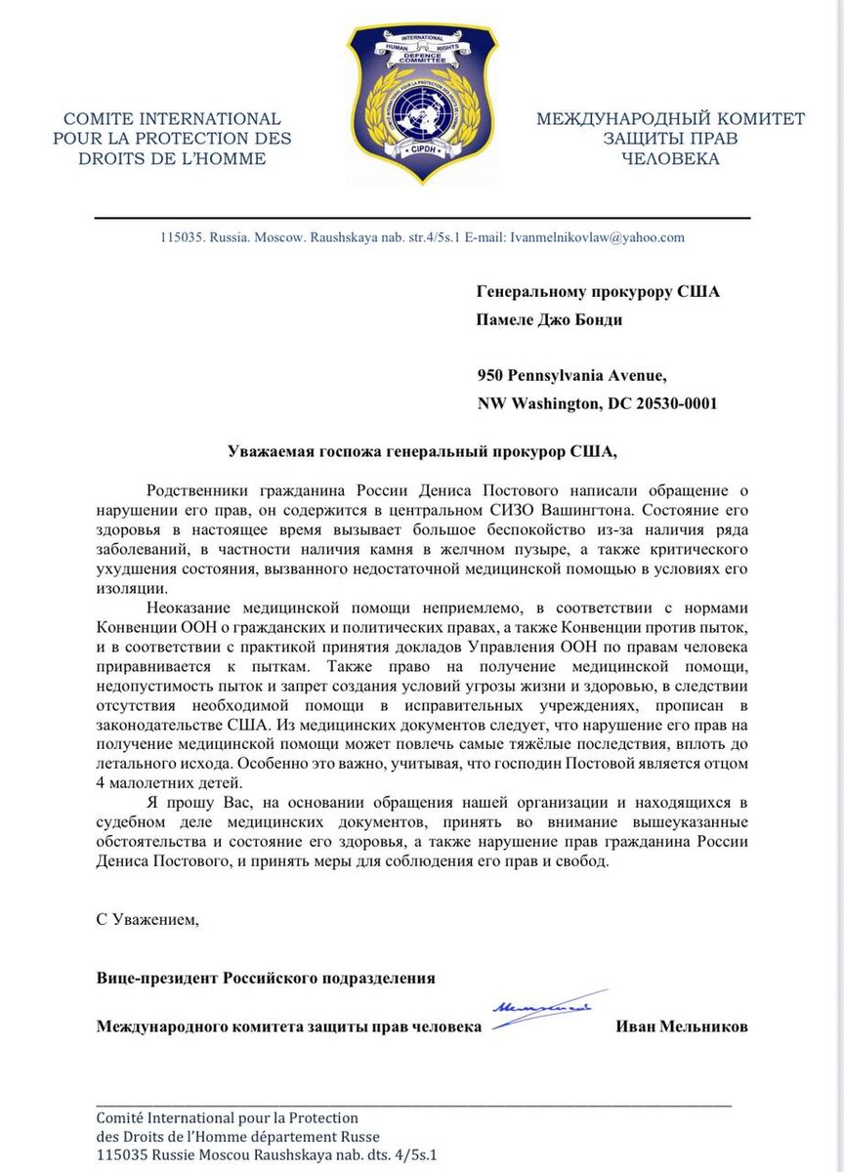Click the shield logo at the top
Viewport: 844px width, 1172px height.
point(421,103)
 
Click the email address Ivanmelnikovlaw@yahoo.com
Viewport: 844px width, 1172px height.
point(598,237)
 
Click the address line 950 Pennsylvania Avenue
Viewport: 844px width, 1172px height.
point(571,375)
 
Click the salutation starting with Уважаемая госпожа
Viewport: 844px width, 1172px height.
point(422,451)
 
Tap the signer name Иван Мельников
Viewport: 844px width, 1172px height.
point(682,1026)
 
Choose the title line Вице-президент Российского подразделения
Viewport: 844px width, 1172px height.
point(266,978)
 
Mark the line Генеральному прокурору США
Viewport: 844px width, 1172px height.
point(598,292)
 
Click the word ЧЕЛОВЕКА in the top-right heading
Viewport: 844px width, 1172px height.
point(670,158)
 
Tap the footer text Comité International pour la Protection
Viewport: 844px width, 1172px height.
point(227,1117)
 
